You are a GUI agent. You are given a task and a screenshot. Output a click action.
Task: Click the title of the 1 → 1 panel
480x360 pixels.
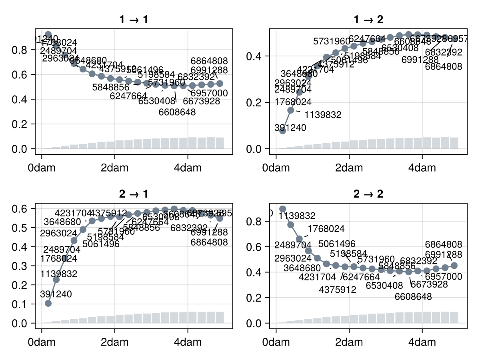(x=134, y=20)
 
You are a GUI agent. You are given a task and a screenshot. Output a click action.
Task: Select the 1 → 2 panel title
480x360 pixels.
(x=368, y=20)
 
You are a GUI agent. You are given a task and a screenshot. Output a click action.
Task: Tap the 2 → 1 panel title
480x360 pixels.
(x=134, y=194)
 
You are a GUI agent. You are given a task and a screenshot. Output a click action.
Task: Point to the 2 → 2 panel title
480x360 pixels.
(x=368, y=194)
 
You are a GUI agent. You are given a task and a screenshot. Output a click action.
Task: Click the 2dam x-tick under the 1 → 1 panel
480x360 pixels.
(x=115, y=168)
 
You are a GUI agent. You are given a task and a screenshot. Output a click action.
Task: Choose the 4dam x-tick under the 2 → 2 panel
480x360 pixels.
(x=422, y=342)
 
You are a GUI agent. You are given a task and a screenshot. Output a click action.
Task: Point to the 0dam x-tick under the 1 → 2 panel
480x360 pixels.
(x=276, y=168)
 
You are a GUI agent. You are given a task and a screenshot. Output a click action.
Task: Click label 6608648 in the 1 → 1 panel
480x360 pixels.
(x=177, y=112)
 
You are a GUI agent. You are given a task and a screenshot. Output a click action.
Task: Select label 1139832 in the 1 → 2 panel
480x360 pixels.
(x=323, y=115)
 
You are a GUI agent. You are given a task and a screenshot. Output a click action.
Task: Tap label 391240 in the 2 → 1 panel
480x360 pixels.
(x=56, y=294)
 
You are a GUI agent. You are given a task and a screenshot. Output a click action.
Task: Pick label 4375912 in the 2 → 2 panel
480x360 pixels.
(x=338, y=290)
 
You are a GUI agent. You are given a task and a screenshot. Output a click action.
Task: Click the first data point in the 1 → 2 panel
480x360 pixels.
(x=282, y=131)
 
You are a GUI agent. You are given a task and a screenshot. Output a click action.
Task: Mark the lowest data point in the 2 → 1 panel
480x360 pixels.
(x=48, y=303)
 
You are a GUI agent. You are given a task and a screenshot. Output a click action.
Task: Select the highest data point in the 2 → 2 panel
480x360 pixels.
(x=282, y=209)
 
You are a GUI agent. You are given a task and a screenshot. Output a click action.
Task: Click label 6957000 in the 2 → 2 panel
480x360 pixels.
(x=443, y=277)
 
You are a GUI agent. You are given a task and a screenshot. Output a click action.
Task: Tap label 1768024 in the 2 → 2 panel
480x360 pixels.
(x=326, y=229)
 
